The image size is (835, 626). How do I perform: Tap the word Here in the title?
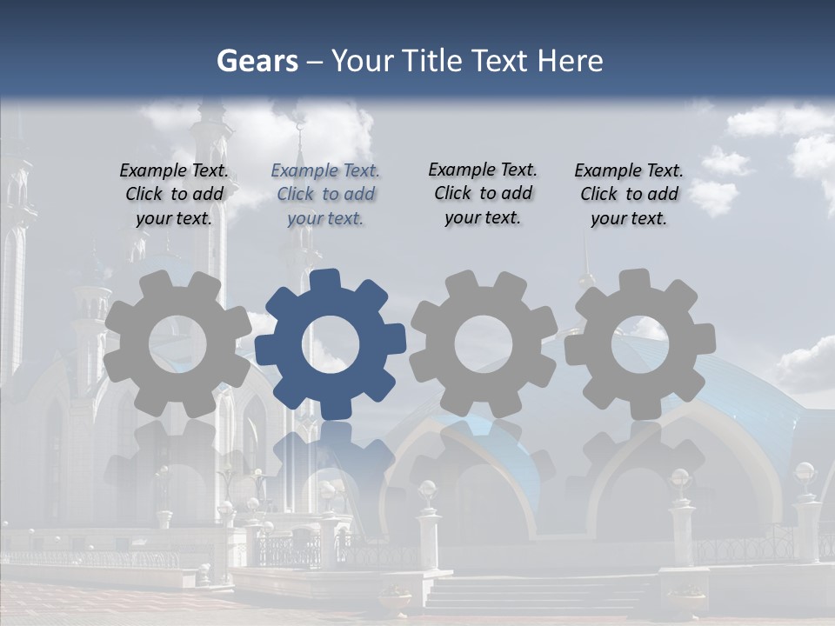click(569, 61)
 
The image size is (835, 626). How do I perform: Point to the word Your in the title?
click(364, 61)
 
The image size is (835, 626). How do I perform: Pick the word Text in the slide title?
click(501, 61)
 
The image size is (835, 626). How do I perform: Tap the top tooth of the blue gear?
click(325, 281)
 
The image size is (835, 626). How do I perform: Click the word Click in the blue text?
click(295, 194)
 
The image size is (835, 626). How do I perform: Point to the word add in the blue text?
click(359, 194)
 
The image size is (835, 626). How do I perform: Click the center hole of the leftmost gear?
click(177, 343)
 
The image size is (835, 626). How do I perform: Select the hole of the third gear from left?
click(484, 343)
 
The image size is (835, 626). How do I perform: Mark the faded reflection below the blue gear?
click(331, 461)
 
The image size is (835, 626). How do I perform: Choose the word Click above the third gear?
click(452, 193)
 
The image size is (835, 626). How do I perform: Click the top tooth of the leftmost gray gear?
click(171, 281)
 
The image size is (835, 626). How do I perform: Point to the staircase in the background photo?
click(539, 595)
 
